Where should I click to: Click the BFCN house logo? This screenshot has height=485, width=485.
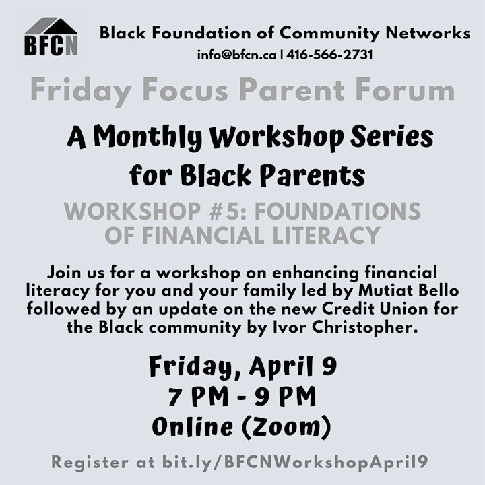51,36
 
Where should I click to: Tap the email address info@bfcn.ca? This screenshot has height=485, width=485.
237,55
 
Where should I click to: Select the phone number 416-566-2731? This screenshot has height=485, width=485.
329,55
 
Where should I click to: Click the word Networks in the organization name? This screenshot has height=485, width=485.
428,33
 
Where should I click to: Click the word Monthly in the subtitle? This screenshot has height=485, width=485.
148,137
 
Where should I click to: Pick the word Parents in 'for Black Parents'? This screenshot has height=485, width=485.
313,174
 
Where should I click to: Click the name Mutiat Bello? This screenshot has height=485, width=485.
408,290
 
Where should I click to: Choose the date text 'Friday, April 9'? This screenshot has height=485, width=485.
243,367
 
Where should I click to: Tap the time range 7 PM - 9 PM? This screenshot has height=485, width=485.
243,397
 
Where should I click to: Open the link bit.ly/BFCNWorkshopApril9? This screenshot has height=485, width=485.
295,463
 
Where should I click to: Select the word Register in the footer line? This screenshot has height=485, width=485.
90,463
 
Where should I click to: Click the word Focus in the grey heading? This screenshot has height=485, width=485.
186,91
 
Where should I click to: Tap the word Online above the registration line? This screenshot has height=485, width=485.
193,427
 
